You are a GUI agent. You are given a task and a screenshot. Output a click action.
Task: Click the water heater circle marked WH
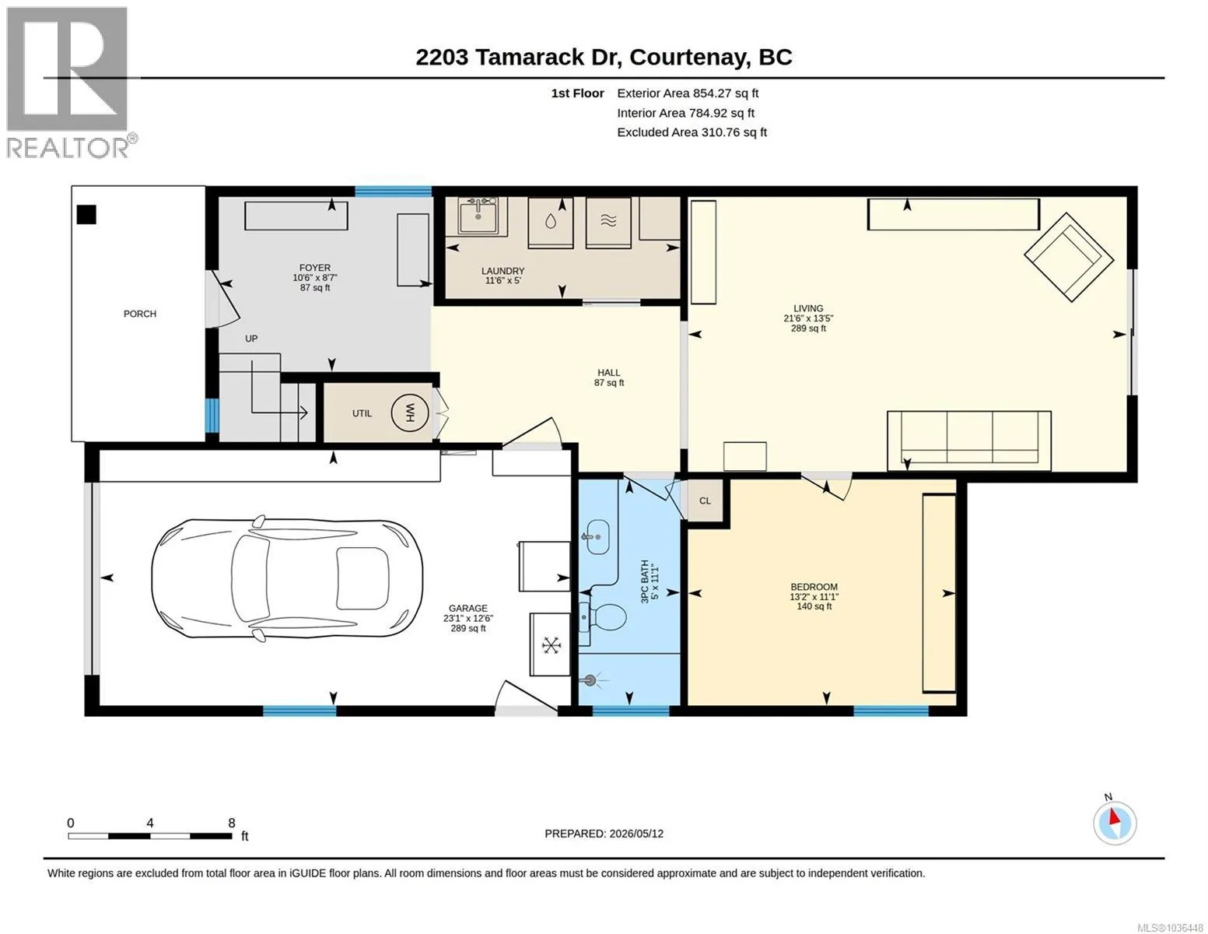coord(409,413)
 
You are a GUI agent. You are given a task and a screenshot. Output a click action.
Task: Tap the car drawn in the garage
coord(287,578)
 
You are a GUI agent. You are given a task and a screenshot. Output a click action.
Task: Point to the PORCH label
coord(139,314)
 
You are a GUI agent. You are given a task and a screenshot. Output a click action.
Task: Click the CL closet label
coord(705,500)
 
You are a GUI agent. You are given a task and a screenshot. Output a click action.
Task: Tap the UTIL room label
coord(362,413)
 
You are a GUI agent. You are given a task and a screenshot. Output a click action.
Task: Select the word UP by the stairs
coord(251,339)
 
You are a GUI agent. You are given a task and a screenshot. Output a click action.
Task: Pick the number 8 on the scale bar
coord(231,822)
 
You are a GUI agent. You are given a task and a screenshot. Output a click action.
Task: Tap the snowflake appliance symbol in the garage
coord(551,645)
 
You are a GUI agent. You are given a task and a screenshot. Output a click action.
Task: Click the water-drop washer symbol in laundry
coord(551,222)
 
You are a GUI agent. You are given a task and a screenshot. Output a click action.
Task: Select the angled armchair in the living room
coord(1069,258)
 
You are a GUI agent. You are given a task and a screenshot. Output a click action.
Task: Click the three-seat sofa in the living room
coord(969,440)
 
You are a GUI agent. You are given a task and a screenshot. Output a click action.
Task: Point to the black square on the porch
coord(86,214)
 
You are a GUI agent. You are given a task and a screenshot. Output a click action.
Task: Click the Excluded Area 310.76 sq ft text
coord(692,132)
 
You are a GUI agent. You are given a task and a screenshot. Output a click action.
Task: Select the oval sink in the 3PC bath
coord(598,537)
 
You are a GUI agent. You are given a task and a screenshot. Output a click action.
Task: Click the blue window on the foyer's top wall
coord(393,192)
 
